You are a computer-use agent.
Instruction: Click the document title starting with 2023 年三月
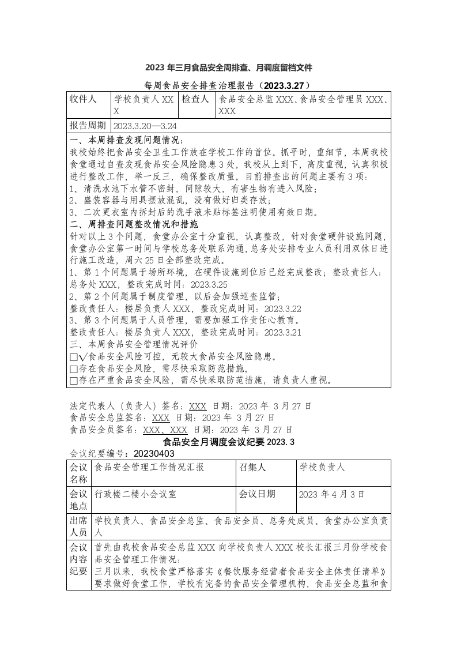pos(228,68)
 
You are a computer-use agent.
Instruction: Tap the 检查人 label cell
pos(195,99)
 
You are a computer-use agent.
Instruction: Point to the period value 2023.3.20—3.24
pos(145,126)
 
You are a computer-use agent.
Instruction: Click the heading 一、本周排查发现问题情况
pos(126,140)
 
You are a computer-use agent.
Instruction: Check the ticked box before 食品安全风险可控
pos(73,357)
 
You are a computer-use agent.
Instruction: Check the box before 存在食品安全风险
pos(73,368)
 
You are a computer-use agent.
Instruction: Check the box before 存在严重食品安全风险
pos(73,381)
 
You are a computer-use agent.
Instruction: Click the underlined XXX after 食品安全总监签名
pos(160,417)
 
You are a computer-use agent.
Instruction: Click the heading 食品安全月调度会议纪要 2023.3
pos(229,442)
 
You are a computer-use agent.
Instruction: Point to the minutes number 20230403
pos(156,454)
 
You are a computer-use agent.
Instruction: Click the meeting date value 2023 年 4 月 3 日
pos(333,495)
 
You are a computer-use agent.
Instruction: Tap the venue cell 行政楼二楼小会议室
pos(135,494)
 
